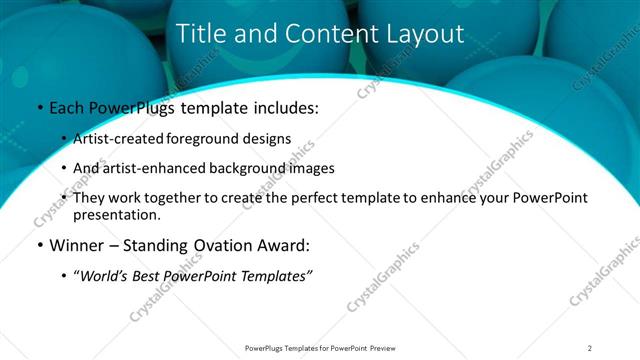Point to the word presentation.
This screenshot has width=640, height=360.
click(116, 214)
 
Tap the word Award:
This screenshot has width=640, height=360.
click(283, 245)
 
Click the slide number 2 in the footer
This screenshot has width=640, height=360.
click(590, 348)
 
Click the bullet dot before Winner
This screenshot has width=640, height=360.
click(39, 245)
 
